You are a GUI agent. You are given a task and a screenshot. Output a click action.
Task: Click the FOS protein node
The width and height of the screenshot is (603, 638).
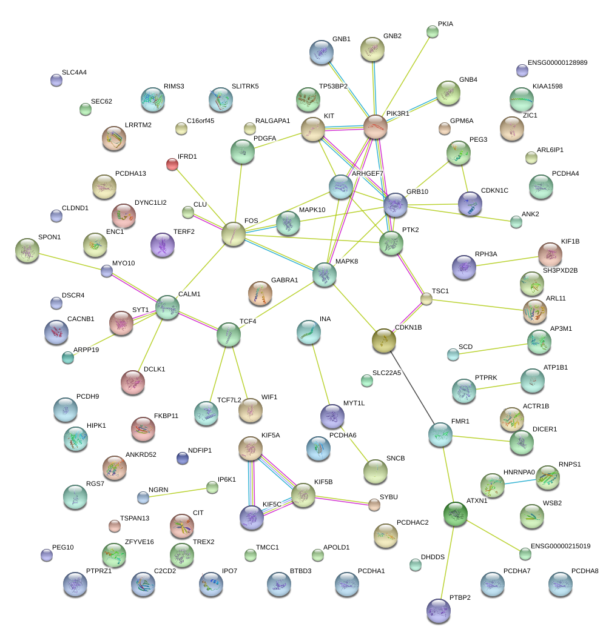(x=234, y=234)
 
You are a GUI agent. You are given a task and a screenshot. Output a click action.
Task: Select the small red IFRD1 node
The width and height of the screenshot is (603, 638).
(x=172, y=164)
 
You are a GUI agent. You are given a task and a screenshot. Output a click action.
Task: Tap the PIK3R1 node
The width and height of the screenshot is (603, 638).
(x=376, y=126)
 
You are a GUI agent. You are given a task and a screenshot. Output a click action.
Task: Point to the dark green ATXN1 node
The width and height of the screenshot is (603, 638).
(x=456, y=514)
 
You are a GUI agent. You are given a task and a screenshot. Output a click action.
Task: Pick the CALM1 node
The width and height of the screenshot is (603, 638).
(x=167, y=307)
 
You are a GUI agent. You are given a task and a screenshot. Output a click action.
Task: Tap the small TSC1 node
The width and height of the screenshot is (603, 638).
(x=426, y=298)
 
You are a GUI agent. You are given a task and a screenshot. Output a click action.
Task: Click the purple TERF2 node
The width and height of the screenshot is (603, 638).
(x=162, y=245)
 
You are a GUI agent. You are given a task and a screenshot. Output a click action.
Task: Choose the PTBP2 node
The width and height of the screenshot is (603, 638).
(x=439, y=611)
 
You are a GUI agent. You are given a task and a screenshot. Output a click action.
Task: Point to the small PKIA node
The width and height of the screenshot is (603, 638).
(x=433, y=32)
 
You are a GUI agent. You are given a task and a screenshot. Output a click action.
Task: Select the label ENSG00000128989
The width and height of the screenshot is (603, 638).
(x=558, y=62)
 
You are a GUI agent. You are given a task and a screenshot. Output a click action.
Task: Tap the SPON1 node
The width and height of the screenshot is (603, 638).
(x=27, y=250)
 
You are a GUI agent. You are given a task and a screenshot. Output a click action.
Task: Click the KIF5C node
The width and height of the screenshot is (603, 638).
(x=252, y=517)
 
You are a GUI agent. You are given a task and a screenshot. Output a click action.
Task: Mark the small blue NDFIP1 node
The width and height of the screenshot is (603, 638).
(x=182, y=458)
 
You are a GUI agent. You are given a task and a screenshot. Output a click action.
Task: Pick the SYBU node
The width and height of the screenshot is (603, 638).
(x=374, y=505)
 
